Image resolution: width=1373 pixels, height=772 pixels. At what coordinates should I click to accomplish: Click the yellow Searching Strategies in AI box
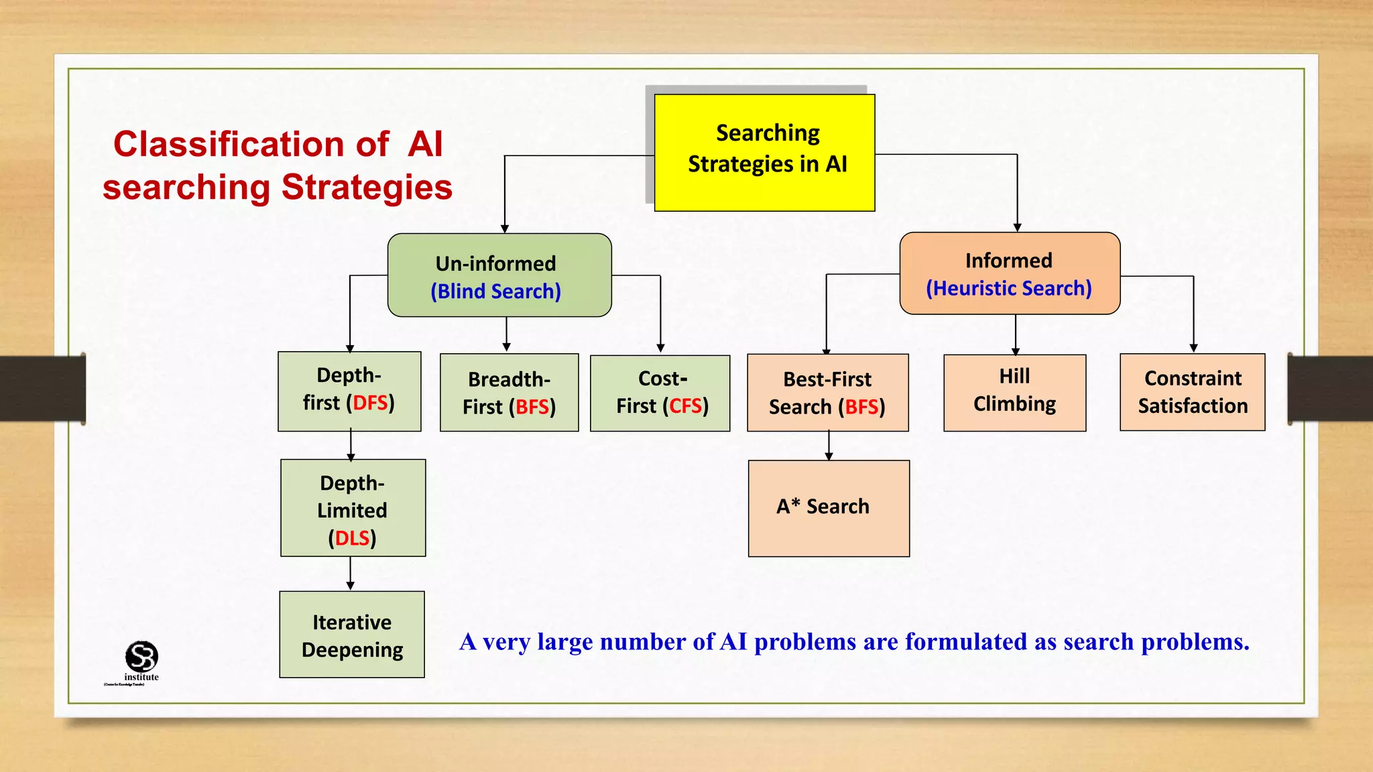[764, 153]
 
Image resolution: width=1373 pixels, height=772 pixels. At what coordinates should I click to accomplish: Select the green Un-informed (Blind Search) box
[499, 275]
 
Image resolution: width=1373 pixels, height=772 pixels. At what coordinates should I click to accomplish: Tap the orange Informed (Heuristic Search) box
[1010, 273]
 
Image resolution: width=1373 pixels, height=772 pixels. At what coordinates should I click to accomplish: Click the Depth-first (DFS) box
[349, 391]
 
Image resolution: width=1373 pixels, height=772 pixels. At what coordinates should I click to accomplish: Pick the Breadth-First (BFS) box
[509, 393]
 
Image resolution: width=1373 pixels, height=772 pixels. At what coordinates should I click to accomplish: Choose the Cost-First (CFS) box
[660, 393]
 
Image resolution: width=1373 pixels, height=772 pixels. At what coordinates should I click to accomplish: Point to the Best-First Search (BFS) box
[827, 393]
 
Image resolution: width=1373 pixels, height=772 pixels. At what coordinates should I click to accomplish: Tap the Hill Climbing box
[1014, 393]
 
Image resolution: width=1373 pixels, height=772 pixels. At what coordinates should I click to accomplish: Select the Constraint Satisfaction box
[1192, 392]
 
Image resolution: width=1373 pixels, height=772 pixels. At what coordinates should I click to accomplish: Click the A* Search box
[829, 508]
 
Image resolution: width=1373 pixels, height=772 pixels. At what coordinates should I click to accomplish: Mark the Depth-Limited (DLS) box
[353, 508]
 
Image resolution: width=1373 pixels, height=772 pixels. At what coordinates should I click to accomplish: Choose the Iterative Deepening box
[352, 635]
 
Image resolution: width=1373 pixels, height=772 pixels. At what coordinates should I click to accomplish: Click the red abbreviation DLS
[353, 538]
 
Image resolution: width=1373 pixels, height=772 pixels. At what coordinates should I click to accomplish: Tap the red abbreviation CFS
[685, 406]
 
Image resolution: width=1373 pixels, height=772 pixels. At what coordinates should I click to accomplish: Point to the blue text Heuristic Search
[1012, 288]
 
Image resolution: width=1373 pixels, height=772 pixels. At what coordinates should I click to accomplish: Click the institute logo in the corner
[141, 658]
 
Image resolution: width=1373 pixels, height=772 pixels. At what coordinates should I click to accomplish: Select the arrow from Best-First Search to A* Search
[829, 446]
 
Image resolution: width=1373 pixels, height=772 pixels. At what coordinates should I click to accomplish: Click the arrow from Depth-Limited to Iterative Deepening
[350, 574]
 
